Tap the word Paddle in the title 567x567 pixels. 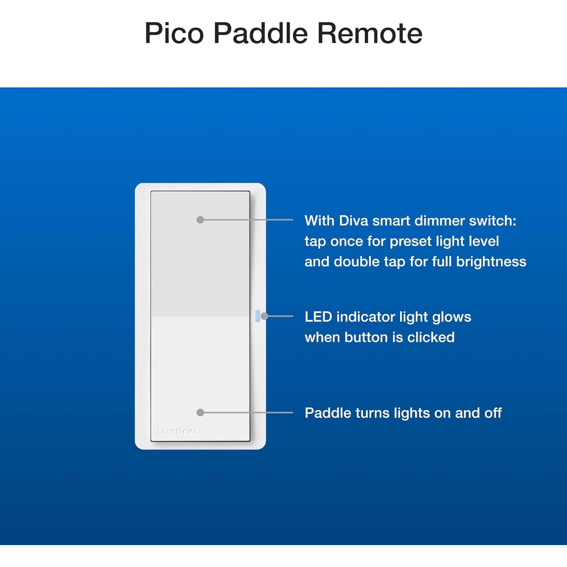(260, 33)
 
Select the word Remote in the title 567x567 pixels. (369, 33)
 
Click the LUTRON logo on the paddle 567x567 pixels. (177, 432)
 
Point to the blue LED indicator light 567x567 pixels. (257, 316)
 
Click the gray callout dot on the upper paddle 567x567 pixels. (200, 220)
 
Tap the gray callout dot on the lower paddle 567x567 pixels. (200, 412)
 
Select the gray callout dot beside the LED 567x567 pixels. (265, 316)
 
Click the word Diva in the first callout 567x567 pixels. (353, 221)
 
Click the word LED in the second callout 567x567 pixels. (318, 317)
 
